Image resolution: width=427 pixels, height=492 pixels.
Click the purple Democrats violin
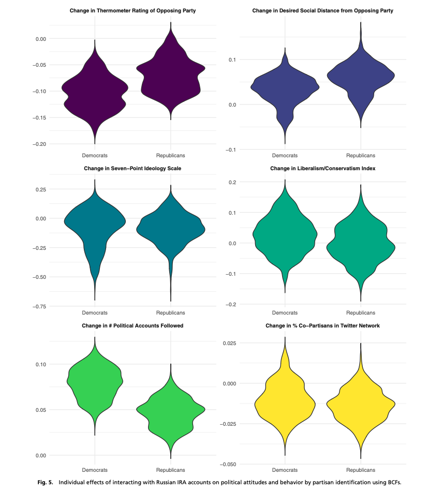[95, 93]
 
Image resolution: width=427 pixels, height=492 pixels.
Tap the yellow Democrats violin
[285, 404]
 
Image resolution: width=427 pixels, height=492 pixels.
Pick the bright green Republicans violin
[170, 411]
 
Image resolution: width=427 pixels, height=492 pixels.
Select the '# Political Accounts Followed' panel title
[132, 326]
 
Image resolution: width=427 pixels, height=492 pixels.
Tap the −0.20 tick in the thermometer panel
[39, 144]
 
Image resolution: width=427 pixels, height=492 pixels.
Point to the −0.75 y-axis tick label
[39, 306]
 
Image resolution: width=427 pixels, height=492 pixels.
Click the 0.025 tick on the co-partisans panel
[229, 343]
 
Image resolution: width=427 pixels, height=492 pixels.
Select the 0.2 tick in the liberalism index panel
[231, 182]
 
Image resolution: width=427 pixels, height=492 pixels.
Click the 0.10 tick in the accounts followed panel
[41, 364]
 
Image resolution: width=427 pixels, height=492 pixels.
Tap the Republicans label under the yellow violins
[361, 470]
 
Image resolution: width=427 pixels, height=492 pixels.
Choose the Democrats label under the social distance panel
[285, 155]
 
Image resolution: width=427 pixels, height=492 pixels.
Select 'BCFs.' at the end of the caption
[392, 482]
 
